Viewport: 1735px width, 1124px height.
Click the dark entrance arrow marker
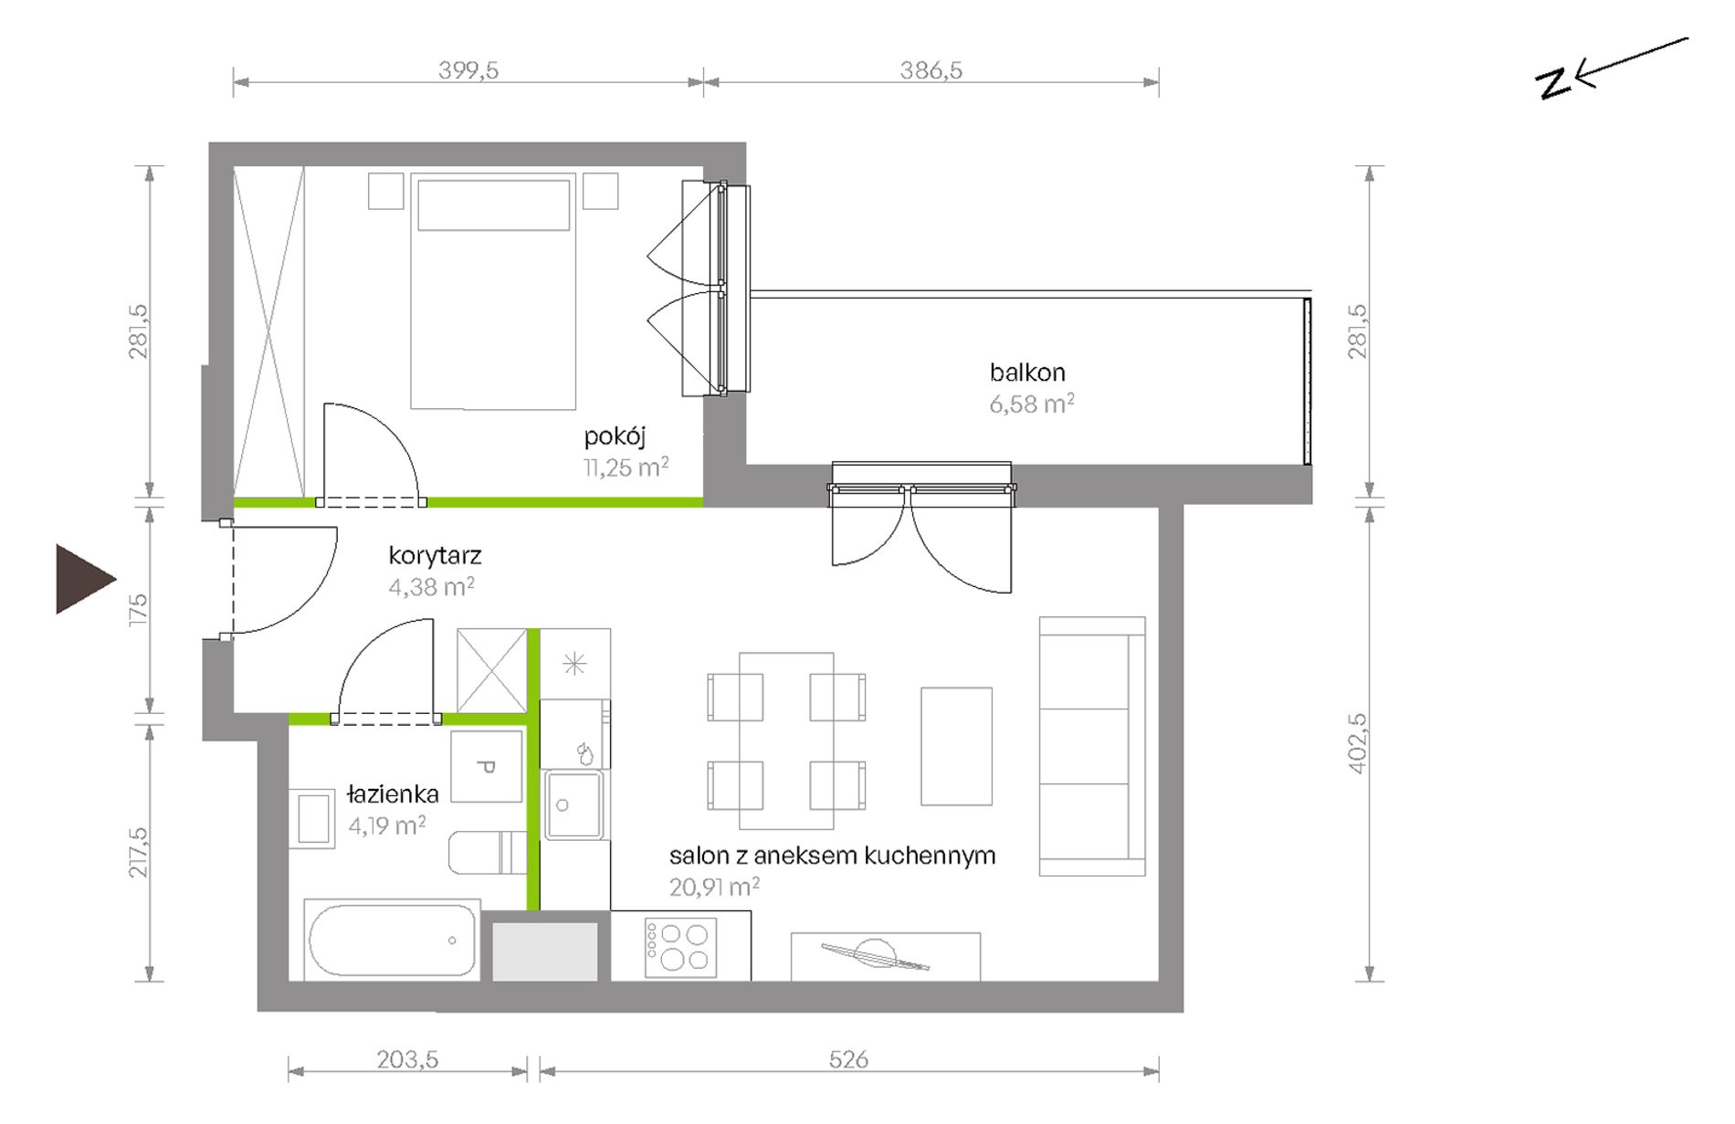(82, 579)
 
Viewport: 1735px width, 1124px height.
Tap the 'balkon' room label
(1027, 373)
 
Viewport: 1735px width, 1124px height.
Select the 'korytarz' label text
(435, 556)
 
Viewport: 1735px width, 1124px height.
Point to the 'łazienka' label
(393, 794)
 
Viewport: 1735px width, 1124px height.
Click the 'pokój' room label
(615, 436)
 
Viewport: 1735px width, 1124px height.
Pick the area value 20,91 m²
(714, 887)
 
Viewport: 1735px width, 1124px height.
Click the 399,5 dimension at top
(468, 70)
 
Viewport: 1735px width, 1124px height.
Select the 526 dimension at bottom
(848, 1059)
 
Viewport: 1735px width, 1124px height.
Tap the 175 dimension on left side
(138, 609)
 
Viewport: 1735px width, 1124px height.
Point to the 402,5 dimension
(1358, 744)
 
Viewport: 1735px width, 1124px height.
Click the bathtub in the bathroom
(392, 941)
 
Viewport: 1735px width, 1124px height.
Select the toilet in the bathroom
(488, 852)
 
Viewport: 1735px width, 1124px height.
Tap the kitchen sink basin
(573, 804)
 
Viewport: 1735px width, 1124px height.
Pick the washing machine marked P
(487, 767)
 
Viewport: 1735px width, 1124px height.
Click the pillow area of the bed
(494, 205)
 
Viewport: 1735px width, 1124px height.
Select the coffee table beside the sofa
(956, 747)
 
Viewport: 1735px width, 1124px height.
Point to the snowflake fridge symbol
(574, 664)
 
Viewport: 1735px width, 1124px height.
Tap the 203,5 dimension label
(408, 1059)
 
